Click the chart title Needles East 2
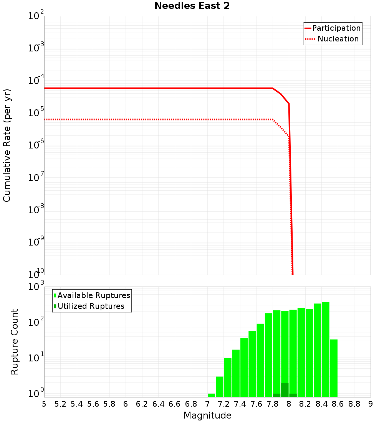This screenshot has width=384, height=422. point(192,6)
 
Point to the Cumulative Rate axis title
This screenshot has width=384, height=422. point(7,145)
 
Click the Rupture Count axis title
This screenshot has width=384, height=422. point(15,342)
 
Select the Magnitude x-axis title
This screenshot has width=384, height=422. point(207,415)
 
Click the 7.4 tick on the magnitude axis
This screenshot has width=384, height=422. point(240,404)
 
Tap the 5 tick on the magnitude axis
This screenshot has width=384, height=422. point(44,404)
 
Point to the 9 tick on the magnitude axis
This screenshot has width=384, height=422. point(371,404)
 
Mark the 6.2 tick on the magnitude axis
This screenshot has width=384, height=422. point(142,404)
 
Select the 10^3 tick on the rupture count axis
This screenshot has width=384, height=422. point(36,287)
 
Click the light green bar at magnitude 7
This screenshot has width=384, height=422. point(211,395)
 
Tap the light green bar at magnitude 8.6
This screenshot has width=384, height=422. point(334,368)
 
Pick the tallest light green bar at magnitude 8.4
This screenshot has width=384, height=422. point(326,349)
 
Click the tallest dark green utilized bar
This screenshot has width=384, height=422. point(285,390)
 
